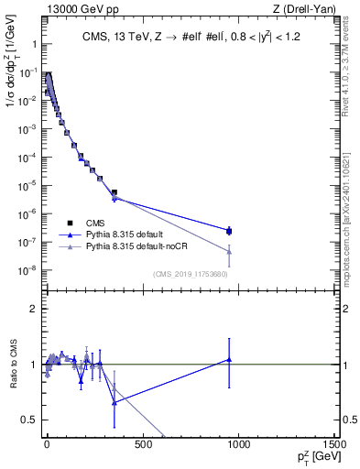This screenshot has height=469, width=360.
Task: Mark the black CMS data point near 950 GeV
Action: tap(229, 231)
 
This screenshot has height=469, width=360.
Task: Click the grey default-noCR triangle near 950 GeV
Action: tap(229, 252)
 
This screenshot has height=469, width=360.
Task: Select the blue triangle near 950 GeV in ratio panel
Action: tap(229, 360)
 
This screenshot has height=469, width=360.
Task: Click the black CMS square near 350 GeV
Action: tap(114, 192)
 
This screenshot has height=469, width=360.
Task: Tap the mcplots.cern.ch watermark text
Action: tap(351, 220)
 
